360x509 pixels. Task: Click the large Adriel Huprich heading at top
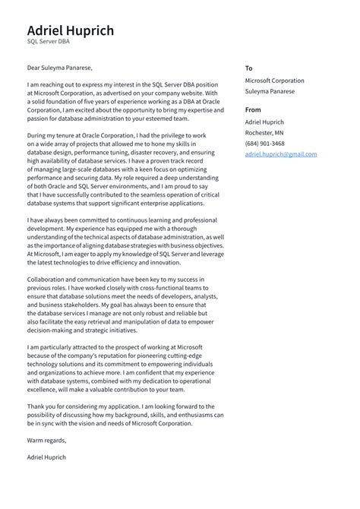[70, 30]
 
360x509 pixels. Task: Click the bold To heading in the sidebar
[248, 68]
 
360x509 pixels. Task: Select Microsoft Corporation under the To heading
[274, 81]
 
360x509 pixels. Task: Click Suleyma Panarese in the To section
[270, 91]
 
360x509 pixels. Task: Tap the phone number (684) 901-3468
[265, 144]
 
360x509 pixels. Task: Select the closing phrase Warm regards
[46, 440]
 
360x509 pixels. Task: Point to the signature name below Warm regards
[46, 457]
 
